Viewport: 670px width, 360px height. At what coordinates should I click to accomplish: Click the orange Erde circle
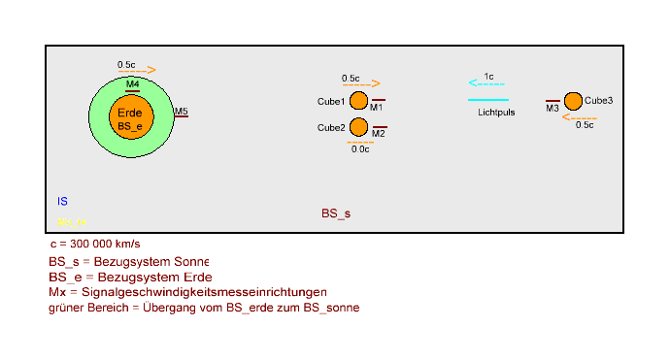(131, 116)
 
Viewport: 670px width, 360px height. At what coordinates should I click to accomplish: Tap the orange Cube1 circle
(358, 101)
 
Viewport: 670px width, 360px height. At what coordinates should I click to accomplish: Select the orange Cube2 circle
(358, 127)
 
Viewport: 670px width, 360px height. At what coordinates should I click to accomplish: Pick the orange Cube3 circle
(573, 101)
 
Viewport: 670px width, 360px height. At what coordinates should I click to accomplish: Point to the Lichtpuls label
(496, 113)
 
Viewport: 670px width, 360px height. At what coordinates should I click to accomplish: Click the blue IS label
(62, 202)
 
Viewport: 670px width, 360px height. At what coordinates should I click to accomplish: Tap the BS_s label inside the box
(336, 213)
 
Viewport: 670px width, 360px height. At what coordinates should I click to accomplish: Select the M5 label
(182, 112)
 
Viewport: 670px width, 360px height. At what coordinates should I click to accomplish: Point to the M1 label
(376, 107)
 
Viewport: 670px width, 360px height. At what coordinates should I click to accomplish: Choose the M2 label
(379, 133)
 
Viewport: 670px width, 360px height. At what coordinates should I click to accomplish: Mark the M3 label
(552, 108)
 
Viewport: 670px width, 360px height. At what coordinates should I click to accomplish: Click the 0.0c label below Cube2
(360, 148)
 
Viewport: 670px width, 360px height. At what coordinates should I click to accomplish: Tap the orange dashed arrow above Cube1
(360, 84)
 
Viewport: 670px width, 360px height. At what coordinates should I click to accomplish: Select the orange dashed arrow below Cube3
(580, 117)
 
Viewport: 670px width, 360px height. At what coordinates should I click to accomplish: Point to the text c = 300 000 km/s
(101, 244)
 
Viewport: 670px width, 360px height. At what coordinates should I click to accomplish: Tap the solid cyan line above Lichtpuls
(488, 100)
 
